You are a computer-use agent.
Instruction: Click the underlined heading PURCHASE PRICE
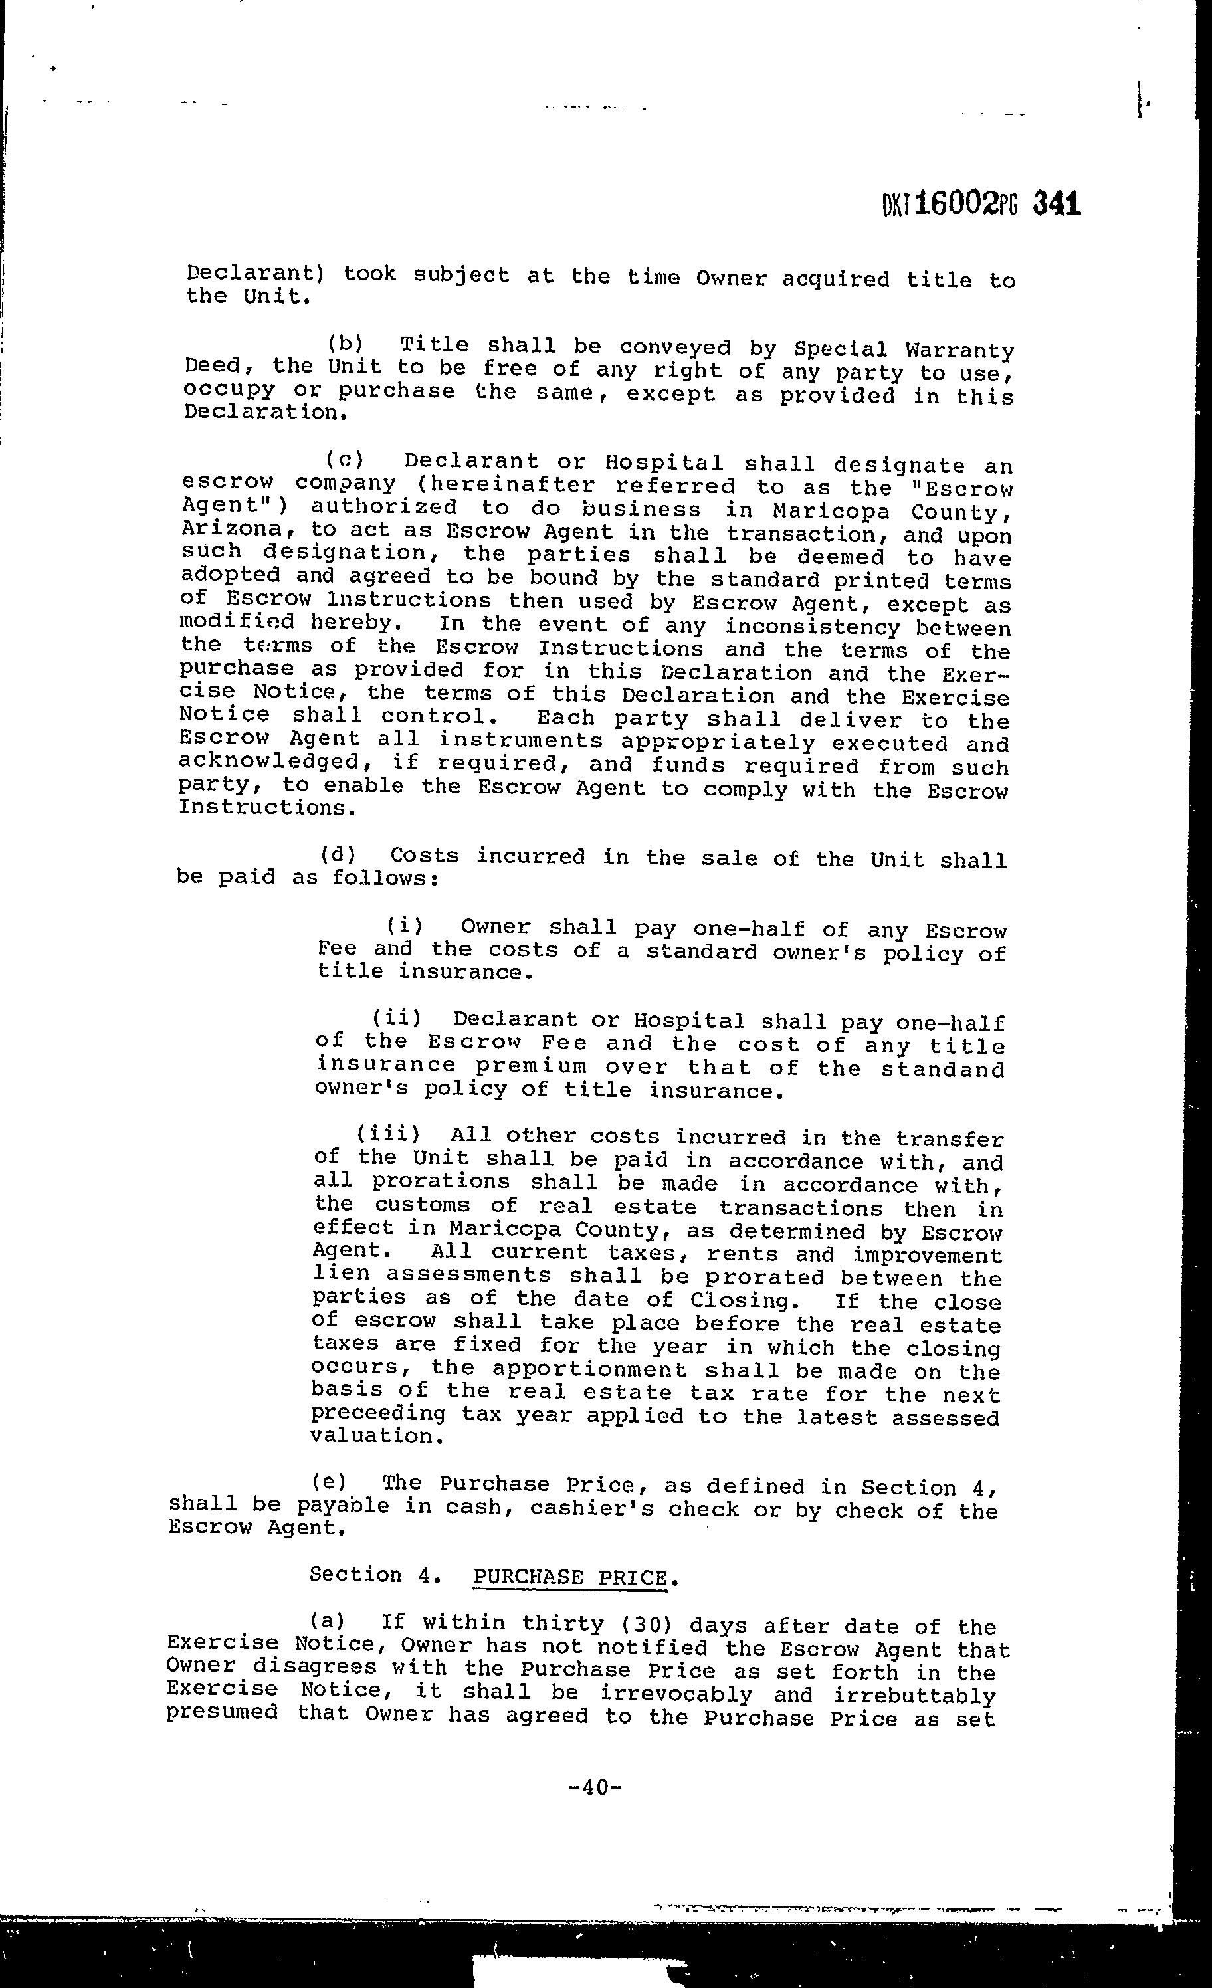tap(571, 1577)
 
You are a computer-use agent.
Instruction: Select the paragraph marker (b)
tap(347, 346)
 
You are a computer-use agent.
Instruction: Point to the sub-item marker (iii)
tap(388, 1134)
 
